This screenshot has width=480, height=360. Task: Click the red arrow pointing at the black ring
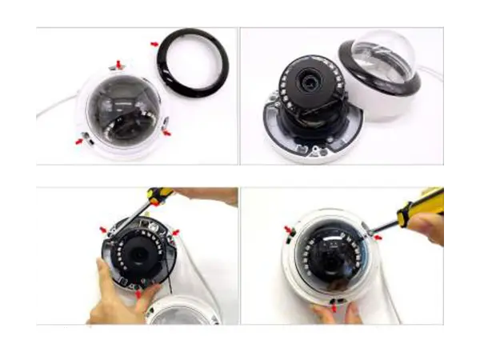[154, 44]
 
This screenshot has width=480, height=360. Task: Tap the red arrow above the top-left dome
[119, 63]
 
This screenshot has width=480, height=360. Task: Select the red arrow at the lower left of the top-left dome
[79, 141]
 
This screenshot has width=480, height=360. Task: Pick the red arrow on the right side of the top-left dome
[166, 133]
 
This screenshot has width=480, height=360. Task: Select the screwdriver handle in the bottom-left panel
[161, 194]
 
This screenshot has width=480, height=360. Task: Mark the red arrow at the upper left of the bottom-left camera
[102, 230]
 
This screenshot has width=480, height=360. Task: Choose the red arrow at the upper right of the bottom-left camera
[175, 233]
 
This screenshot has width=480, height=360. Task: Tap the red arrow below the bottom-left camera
[138, 294]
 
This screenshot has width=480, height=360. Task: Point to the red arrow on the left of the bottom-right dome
[287, 230]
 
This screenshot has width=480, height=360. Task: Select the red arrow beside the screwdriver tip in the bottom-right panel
[377, 237]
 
